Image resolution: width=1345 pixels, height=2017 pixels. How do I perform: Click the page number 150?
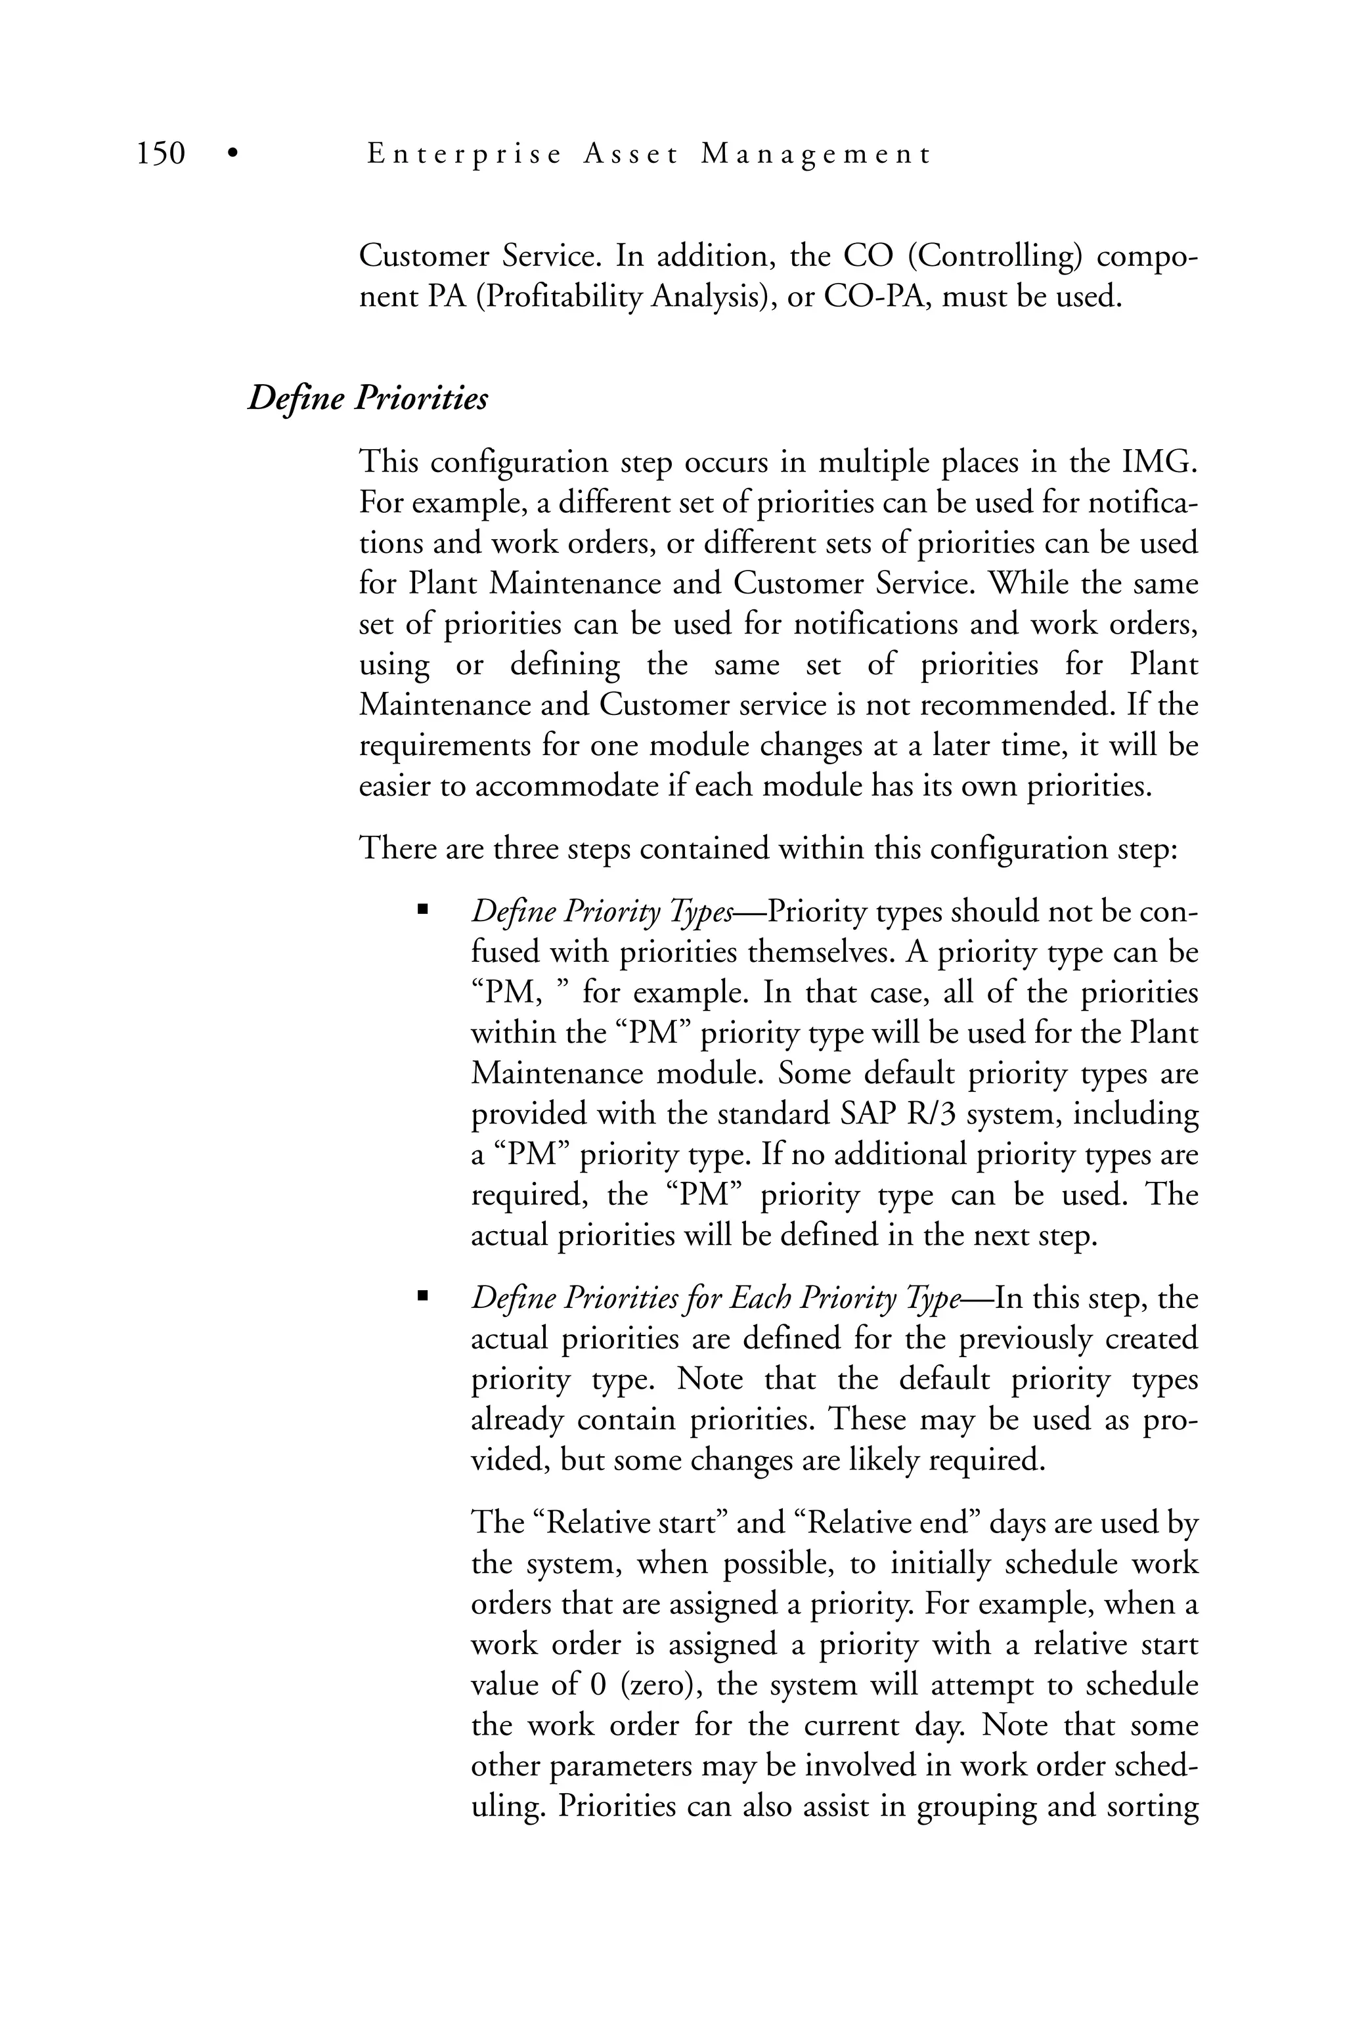tap(162, 154)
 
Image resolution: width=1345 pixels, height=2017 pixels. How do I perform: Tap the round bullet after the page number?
tap(231, 155)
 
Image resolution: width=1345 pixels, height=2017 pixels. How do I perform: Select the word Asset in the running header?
tap(630, 154)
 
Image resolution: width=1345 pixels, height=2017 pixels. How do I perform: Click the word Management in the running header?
tap(815, 154)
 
